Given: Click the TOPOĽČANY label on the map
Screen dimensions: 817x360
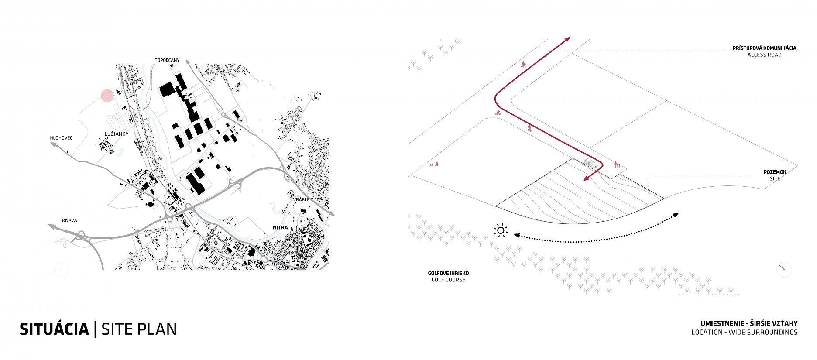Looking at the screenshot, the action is [x=167, y=60].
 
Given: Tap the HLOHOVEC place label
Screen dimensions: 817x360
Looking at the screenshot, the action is [x=61, y=138].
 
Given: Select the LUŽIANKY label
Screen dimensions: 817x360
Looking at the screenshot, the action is [x=117, y=134].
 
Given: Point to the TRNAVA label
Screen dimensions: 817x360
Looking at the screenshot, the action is [x=69, y=220].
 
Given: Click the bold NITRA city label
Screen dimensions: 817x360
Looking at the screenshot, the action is [x=280, y=227].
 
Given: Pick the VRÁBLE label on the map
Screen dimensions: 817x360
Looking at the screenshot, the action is [x=301, y=199].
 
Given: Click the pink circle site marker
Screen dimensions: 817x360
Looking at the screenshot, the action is [x=107, y=96].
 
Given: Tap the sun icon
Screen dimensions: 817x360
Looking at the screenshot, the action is [x=501, y=231].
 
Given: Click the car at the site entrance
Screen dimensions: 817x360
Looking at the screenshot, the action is [x=590, y=164].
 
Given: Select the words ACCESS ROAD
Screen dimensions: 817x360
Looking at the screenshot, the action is [x=764, y=55].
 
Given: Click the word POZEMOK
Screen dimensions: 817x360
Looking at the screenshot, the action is [x=775, y=172].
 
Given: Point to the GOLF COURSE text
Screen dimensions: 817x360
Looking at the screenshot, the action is [x=448, y=280].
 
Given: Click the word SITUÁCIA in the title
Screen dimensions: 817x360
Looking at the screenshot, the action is [x=54, y=329].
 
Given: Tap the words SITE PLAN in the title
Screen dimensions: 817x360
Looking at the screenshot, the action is [x=139, y=329].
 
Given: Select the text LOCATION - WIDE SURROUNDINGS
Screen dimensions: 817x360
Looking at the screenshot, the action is [x=744, y=332].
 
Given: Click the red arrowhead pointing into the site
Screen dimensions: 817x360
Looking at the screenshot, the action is [x=587, y=178].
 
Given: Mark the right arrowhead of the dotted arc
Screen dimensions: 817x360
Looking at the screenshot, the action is [x=676, y=215].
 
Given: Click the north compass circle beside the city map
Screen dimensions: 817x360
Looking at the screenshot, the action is [x=62, y=267].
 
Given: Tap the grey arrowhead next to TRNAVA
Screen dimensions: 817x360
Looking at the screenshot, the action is [x=51, y=226].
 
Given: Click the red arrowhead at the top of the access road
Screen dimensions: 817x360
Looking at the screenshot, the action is [x=568, y=39].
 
